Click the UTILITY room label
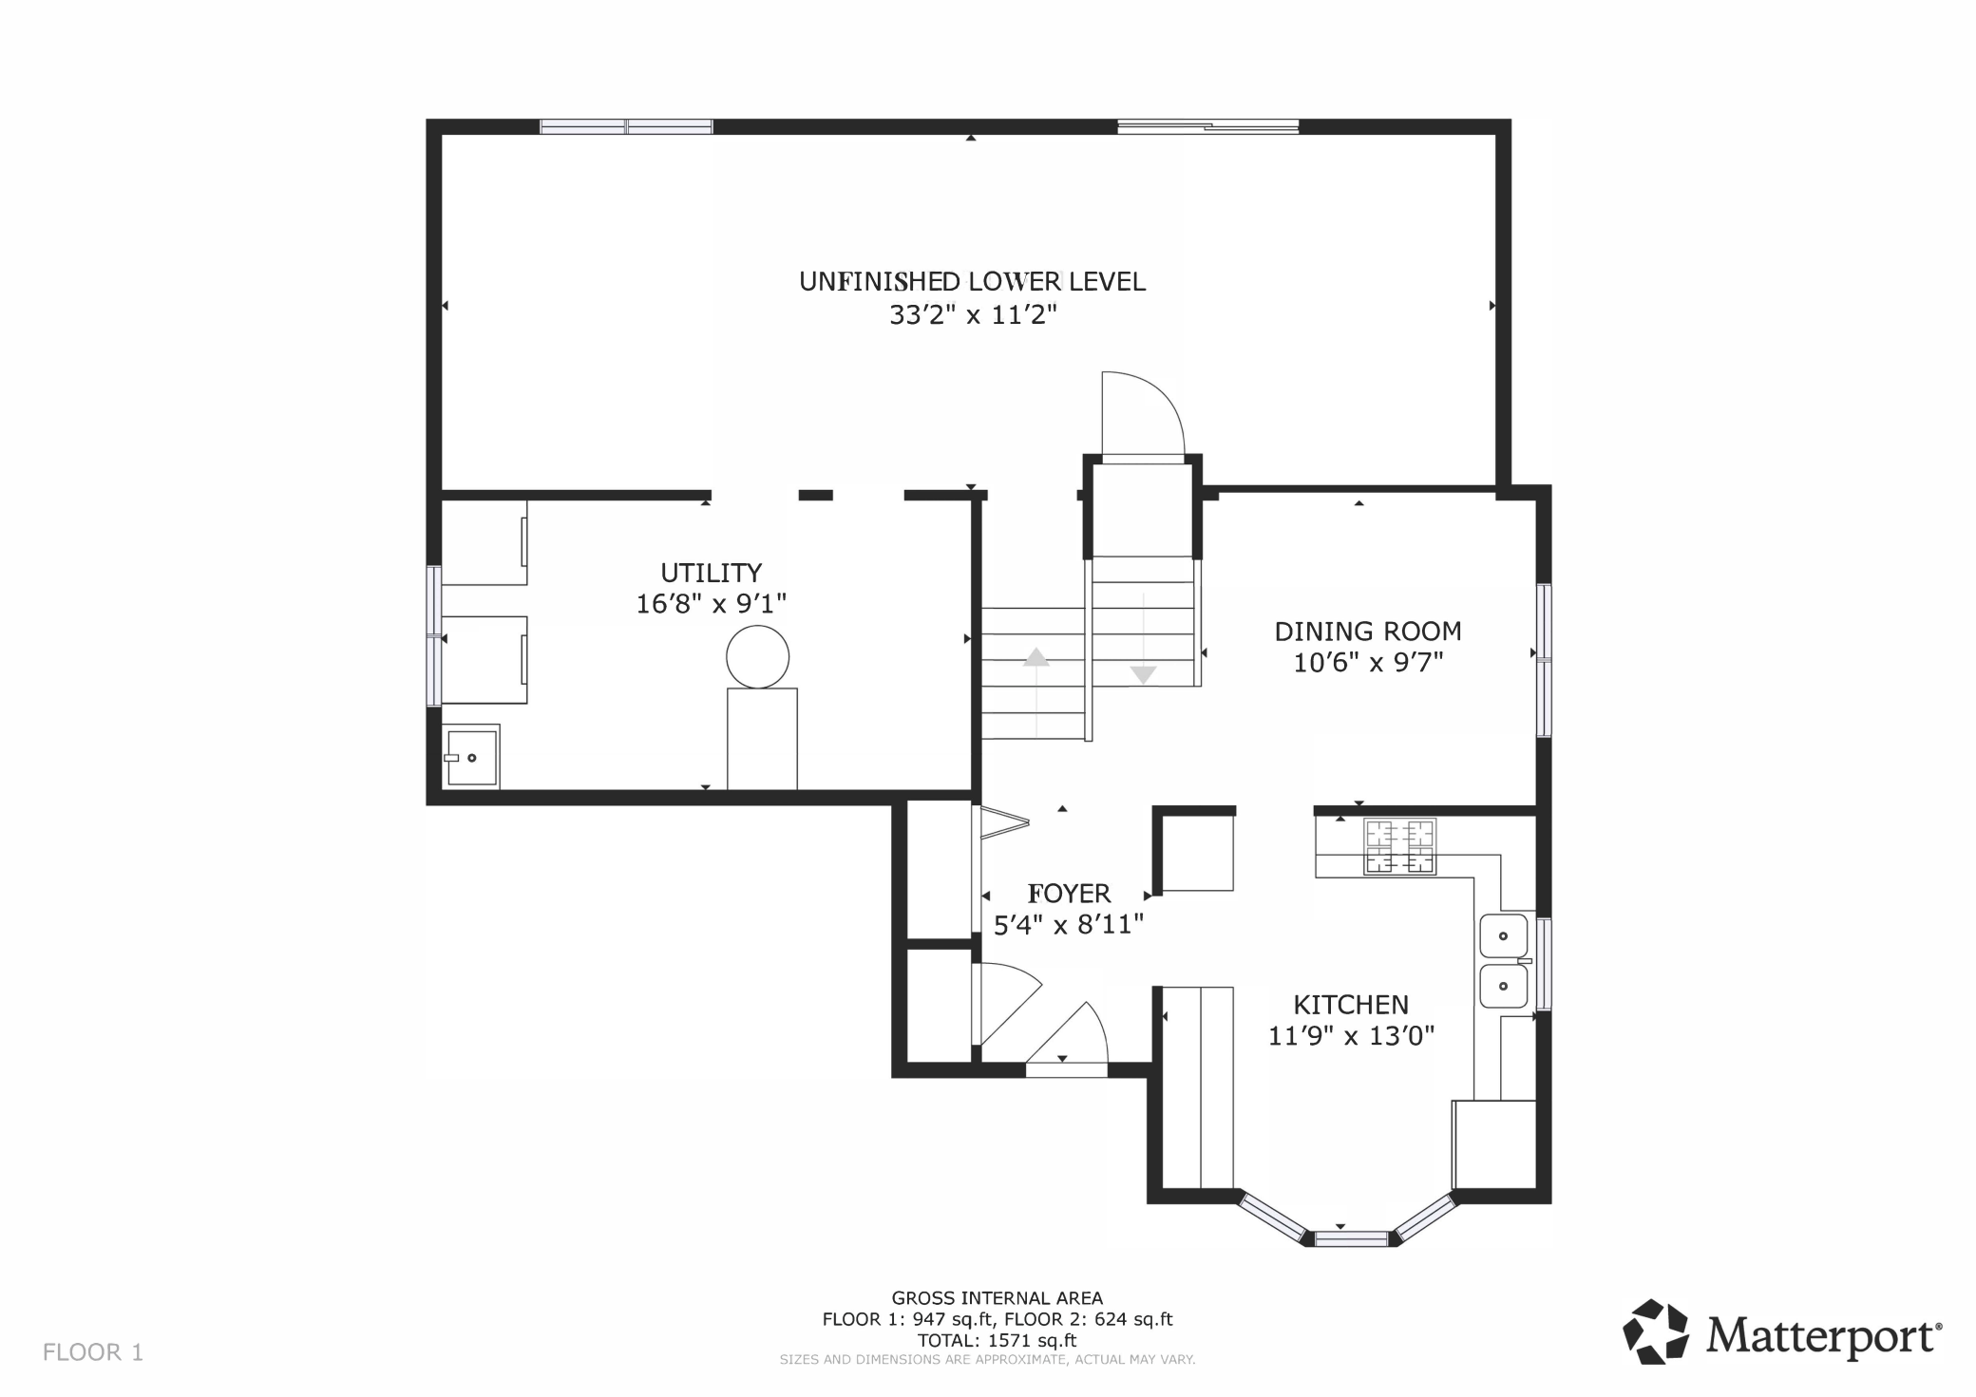711,573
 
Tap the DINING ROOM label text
1367,632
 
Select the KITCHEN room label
1351,1005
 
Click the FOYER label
1069,894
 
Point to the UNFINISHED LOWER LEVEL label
972,281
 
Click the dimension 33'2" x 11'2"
973,314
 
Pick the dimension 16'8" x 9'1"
712,603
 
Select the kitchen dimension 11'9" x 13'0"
1351,1035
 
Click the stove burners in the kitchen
1400,846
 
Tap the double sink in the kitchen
1504,961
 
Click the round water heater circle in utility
757,656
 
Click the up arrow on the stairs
1035,656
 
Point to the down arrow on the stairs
1143,674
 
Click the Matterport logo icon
1656,1331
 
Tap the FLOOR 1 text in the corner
93,1352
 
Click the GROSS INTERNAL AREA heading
997,1298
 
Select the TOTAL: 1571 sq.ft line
997,1341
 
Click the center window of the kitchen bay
1351,1238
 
